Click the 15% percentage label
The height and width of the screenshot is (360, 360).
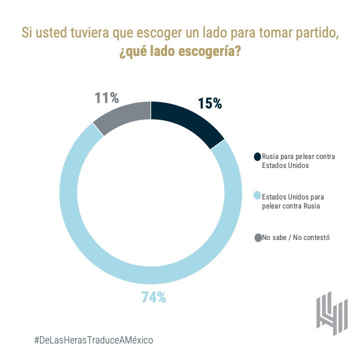coord(209,103)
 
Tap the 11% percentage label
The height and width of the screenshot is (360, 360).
coord(107,98)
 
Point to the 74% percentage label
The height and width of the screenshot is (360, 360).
coord(153,297)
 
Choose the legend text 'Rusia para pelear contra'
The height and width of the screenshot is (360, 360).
coord(298,156)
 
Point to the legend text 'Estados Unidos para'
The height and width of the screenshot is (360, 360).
coord(293,196)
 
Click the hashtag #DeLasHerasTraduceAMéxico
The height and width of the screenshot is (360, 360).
coord(93,339)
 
